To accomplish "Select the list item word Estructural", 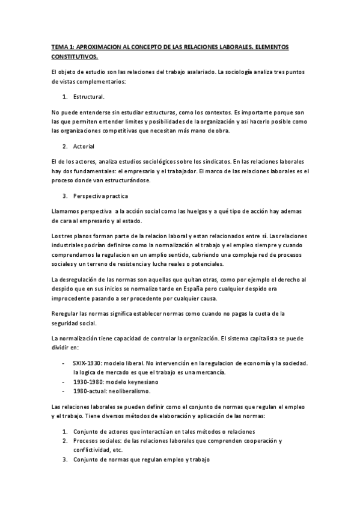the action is tap(89, 96).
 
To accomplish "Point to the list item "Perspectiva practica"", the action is tap(100, 196).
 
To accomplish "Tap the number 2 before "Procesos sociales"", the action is tap(64, 440).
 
